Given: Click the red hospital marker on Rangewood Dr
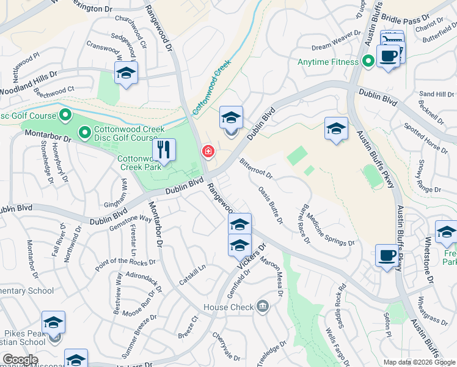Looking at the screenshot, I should point(208,151).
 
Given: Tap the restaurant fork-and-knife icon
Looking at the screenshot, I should point(164,149).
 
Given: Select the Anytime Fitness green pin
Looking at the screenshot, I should point(368,62).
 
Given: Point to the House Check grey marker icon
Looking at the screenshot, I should point(263,306).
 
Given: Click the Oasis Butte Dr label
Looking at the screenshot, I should point(270,205).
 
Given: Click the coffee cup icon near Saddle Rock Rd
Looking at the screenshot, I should point(386,256).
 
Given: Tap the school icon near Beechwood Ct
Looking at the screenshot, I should point(126,73).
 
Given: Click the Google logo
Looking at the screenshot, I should point(20,360).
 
